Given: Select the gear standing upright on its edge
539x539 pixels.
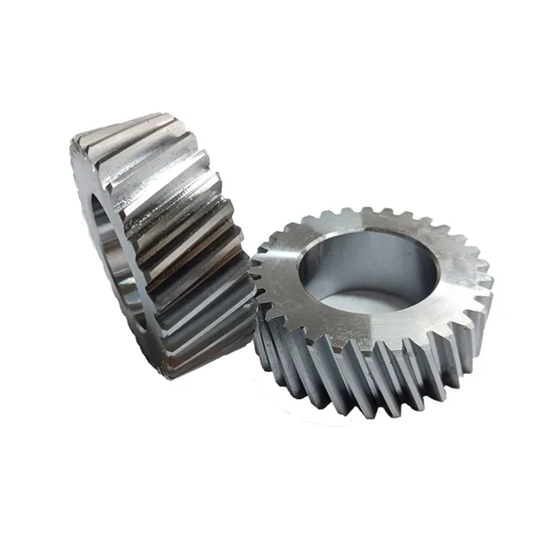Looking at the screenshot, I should [162, 243].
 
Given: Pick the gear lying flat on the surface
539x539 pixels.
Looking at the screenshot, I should [373, 305].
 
